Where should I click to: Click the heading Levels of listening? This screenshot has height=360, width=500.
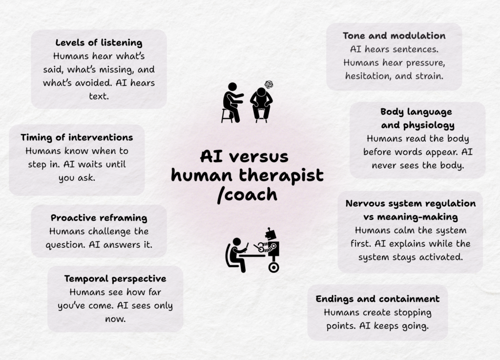(99, 42)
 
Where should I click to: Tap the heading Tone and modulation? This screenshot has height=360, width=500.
(394, 36)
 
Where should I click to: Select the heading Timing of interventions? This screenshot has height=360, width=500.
(77, 137)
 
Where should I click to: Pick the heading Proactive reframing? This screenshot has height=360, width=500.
(99, 218)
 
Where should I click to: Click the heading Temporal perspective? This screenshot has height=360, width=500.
(115, 279)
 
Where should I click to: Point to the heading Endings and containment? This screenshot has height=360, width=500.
(377, 299)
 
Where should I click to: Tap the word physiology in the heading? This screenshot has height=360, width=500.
(429, 126)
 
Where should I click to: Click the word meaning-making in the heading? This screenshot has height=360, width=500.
(417, 217)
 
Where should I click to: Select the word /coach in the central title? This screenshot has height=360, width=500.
(247, 194)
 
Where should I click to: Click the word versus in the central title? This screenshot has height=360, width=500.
(259, 157)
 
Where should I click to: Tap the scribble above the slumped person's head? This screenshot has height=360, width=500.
(269, 85)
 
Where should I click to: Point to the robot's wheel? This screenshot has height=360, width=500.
(273, 267)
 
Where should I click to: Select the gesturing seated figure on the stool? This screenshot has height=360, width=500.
(232, 103)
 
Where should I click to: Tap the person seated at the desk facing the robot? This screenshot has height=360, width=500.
(237, 255)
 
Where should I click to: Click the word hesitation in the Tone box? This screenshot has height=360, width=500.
(368, 76)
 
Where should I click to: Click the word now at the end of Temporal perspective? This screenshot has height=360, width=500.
(115, 319)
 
